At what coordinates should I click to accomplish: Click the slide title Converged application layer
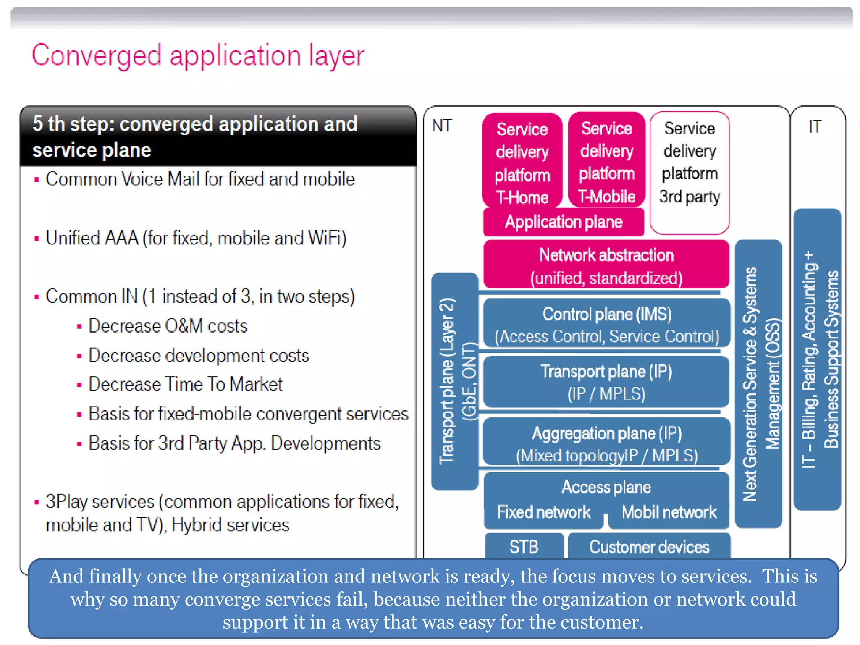(x=198, y=55)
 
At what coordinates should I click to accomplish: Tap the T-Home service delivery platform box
(x=522, y=162)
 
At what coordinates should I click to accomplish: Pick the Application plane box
(x=563, y=222)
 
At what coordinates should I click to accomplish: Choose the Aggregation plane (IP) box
(x=606, y=443)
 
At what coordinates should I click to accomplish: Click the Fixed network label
(x=543, y=512)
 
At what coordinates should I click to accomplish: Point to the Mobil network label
(x=669, y=512)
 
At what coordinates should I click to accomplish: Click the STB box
(x=524, y=547)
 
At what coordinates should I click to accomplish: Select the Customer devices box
(x=649, y=547)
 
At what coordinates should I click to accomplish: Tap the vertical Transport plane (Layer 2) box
(x=454, y=381)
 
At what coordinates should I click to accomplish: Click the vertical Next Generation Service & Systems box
(x=758, y=383)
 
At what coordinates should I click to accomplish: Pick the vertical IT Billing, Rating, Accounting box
(x=817, y=359)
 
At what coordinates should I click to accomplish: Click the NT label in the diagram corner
(x=442, y=126)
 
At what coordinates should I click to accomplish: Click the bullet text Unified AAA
(x=196, y=238)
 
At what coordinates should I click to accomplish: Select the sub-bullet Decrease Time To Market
(x=185, y=384)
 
